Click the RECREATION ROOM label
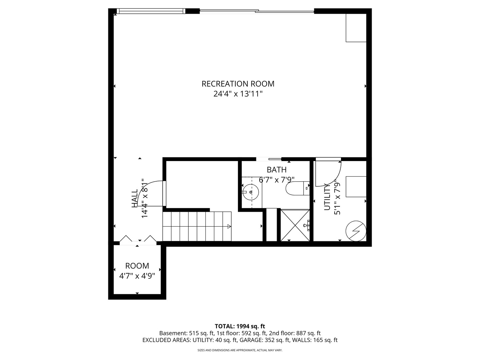[x=238, y=84]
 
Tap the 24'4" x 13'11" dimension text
[x=238, y=94]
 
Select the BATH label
[x=276, y=170]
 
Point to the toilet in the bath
[x=297, y=188]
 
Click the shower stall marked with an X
[x=295, y=225]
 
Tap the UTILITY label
[x=327, y=197]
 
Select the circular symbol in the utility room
[x=356, y=231]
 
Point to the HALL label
[x=134, y=198]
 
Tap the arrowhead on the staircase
[x=229, y=226]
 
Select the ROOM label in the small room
[x=137, y=266]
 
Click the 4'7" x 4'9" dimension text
[x=137, y=276]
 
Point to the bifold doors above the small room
[x=138, y=238]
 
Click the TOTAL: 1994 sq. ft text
[x=240, y=326]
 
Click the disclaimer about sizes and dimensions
[x=240, y=350]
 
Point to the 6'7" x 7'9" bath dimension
[x=277, y=180]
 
